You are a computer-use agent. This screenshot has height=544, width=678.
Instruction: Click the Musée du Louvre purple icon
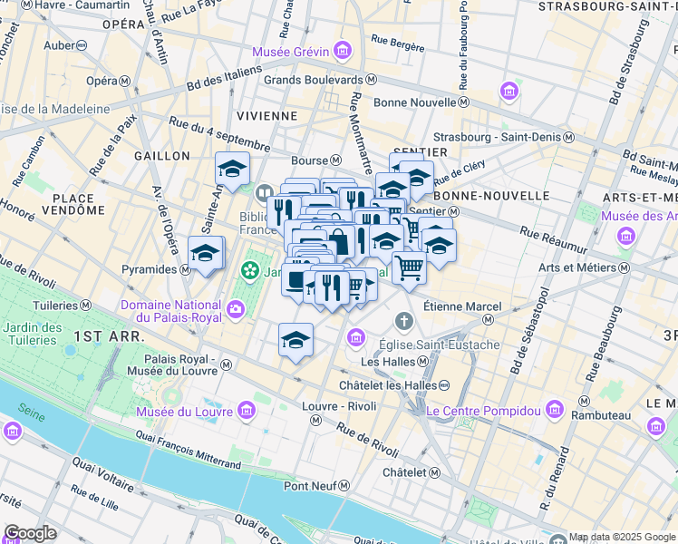247,413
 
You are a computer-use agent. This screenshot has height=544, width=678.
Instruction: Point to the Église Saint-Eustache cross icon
403,322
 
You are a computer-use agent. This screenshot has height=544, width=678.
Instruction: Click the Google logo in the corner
30,532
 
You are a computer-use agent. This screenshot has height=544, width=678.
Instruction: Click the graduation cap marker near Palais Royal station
295,340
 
